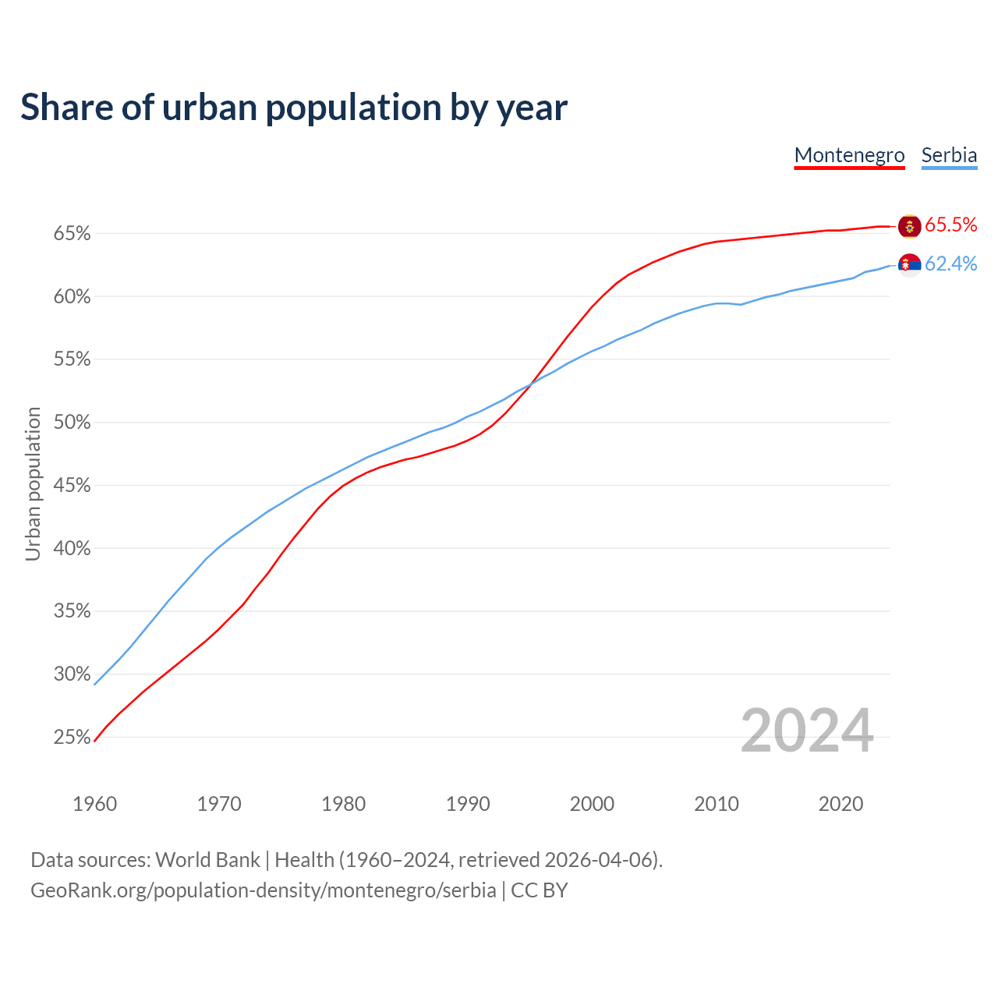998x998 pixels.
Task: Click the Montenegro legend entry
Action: click(849, 155)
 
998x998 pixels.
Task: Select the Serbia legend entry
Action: click(949, 155)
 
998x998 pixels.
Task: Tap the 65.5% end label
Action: click(950, 225)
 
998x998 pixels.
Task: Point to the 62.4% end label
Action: click(950, 264)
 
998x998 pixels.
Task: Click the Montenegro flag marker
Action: click(909, 226)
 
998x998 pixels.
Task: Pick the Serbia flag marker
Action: click(909, 265)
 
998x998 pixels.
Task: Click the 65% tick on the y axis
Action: click(72, 234)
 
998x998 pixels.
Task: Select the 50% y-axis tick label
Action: click(72, 423)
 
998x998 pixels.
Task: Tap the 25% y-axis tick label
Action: click(72, 738)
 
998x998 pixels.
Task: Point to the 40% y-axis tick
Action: click(72, 549)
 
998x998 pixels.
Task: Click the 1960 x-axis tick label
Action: click(94, 804)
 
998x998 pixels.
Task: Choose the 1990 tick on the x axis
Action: click(468, 804)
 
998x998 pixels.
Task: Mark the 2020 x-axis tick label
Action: click(841, 804)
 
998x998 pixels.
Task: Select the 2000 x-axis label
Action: click(592, 804)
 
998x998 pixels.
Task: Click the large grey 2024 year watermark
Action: click(806, 731)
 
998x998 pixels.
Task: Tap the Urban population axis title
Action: click(33, 483)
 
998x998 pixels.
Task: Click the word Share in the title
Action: click(65, 108)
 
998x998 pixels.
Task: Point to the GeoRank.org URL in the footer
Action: click(264, 890)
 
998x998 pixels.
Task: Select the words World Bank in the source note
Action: click(207, 860)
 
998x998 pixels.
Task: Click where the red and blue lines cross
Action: click(531, 383)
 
